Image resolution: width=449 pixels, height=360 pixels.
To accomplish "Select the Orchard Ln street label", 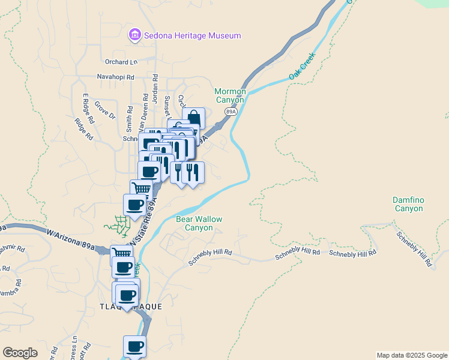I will tap(121, 62).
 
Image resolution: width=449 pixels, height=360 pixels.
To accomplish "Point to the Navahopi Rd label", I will tap(116, 77).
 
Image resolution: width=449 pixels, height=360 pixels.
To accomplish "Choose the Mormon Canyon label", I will tap(231, 95).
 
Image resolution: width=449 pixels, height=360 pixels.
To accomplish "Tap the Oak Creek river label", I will tap(302, 69).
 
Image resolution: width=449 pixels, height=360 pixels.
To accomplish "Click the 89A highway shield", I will tap(231, 112).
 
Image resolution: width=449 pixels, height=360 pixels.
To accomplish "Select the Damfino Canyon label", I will tap(408, 204).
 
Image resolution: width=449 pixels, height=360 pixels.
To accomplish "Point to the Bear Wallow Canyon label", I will tap(199, 224).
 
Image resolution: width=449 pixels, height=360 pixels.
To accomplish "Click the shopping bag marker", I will tap(193, 118).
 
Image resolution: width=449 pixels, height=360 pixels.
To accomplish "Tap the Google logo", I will tap(20, 353).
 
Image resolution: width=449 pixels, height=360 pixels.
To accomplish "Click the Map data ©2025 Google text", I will tap(412, 355).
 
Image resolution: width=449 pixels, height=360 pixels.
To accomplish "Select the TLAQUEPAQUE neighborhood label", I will tap(130, 307).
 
